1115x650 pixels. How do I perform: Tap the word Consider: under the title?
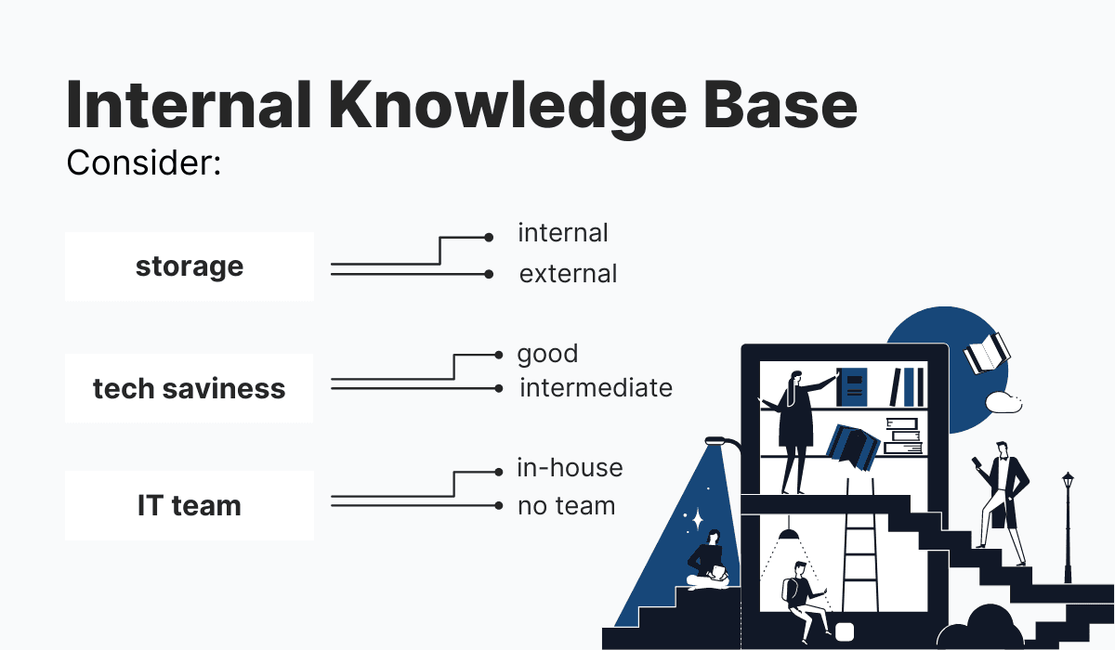click(143, 164)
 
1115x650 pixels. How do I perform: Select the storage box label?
click(190, 266)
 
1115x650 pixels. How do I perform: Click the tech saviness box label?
click(189, 388)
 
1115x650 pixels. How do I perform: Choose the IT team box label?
click(189, 506)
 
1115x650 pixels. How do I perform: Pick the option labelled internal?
click(562, 233)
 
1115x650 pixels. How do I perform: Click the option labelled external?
click(568, 274)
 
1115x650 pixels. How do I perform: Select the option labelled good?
click(547, 354)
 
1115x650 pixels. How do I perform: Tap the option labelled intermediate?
click(596, 387)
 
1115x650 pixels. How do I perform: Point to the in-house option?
click(570, 468)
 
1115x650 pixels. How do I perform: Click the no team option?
click(566, 506)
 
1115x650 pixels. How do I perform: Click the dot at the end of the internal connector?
click(489, 238)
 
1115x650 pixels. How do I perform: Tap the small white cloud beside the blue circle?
click(1003, 402)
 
